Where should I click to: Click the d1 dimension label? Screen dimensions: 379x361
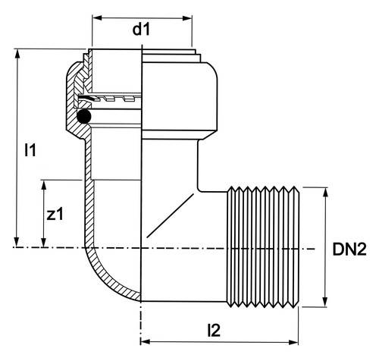pyautogui.click(x=141, y=30)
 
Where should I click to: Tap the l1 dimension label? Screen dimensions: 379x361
pyautogui.click(x=30, y=149)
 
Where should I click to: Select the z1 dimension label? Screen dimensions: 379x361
pyautogui.click(x=55, y=215)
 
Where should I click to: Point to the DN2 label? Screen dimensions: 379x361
pyautogui.click(x=349, y=250)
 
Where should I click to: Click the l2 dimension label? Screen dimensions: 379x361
pyautogui.click(x=214, y=330)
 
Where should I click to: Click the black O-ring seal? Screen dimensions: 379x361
pyautogui.click(x=83, y=116)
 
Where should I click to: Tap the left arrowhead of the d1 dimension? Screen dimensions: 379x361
pyautogui.click(x=97, y=18)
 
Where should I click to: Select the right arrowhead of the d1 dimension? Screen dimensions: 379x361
pyautogui.click(x=187, y=18)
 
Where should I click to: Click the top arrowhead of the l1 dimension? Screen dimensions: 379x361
pyautogui.click(x=17, y=54)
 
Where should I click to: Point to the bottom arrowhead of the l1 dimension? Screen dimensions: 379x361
pyautogui.click(x=17, y=241)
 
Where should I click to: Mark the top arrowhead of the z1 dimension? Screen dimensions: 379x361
pyautogui.click(x=44, y=185)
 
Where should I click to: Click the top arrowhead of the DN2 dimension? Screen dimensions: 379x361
pyautogui.click(x=325, y=193)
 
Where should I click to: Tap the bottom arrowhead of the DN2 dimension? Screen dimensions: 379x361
pyautogui.click(x=325, y=302)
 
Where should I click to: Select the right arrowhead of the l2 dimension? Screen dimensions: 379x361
pyautogui.click(x=293, y=343)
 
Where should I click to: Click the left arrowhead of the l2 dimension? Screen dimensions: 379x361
pyautogui.click(x=146, y=342)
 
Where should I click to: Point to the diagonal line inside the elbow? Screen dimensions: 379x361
pyautogui.click(x=171, y=215)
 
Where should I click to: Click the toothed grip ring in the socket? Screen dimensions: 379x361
pyautogui.click(x=110, y=98)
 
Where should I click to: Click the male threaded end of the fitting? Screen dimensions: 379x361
pyautogui.click(x=263, y=247)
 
